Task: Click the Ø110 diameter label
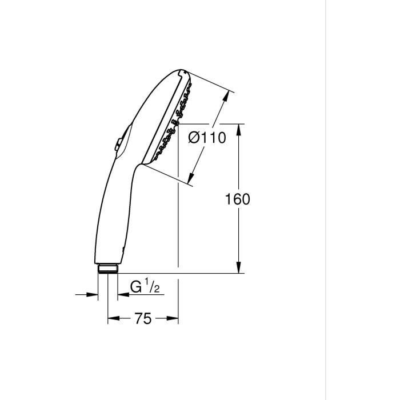(207, 138)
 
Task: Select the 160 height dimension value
(238, 199)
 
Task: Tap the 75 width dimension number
(143, 318)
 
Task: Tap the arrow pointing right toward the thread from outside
(93, 295)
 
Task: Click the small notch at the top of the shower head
(182, 72)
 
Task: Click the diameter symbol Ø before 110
(194, 138)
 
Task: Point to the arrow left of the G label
(123, 295)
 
